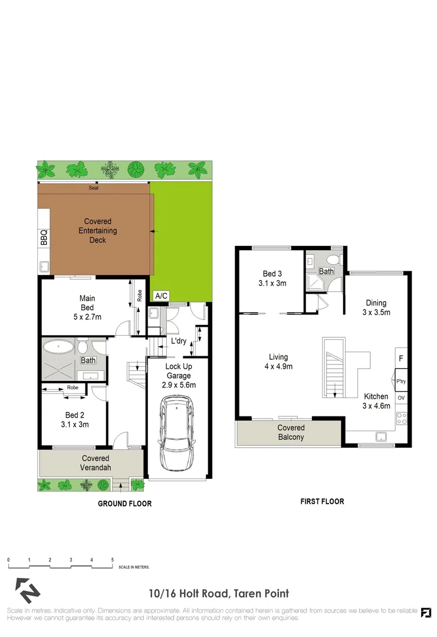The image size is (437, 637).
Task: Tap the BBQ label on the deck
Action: tap(44, 237)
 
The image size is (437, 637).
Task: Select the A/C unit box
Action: tap(160, 295)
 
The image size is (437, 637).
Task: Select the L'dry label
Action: tap(179, 342)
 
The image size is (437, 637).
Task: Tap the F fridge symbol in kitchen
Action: tap(401, 358)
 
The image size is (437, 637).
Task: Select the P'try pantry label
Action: tap(401, 382)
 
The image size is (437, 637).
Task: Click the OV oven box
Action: tap(401, 398)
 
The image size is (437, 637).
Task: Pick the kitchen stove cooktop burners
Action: tap(401, 419)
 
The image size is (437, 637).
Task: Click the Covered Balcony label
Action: tap(291, 432)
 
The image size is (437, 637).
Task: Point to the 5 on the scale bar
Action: tap(112, 559)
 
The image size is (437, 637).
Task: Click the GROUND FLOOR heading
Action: tap(124, 504)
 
